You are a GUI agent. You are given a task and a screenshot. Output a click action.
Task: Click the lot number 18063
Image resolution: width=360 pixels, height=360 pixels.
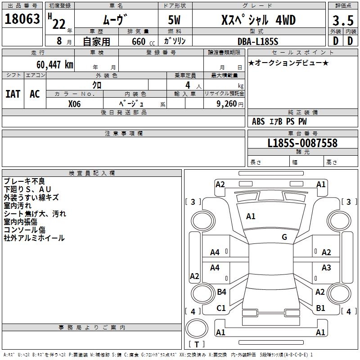22,19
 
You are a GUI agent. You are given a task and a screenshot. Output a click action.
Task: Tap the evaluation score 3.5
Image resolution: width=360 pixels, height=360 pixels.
342,21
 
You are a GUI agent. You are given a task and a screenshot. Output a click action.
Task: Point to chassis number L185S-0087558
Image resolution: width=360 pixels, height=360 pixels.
302,143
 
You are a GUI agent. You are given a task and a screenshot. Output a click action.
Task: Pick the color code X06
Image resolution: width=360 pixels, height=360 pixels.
74,103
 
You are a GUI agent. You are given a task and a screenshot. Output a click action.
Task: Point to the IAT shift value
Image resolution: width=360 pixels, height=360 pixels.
13,94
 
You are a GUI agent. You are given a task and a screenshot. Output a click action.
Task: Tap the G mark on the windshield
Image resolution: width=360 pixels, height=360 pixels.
284,237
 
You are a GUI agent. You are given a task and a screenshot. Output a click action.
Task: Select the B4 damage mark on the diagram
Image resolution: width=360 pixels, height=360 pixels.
221,292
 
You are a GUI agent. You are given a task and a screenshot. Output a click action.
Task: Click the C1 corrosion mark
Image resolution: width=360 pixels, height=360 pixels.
221,308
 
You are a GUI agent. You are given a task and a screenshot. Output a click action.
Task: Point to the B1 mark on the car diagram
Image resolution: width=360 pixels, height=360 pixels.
320,308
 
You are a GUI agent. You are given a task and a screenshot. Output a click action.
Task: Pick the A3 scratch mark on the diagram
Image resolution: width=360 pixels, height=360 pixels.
326,268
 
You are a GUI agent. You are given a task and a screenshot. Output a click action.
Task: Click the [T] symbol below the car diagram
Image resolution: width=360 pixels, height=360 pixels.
196,345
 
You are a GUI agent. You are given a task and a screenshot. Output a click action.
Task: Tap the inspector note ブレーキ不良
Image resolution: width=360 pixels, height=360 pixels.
24,181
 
